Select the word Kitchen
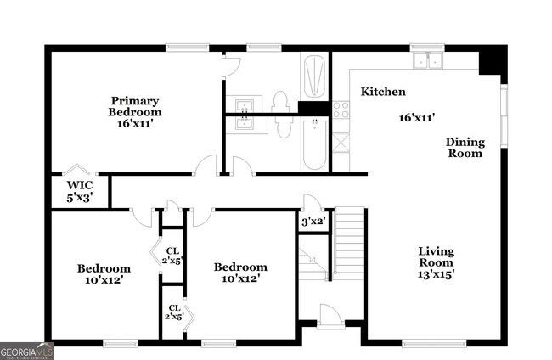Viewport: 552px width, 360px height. click(383, 92)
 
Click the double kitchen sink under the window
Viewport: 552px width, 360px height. click(427, 60)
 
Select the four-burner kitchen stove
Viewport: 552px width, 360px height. click(341, 110)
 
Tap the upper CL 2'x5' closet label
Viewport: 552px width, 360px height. click(172, 256)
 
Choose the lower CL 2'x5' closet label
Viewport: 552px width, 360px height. click(173, 312)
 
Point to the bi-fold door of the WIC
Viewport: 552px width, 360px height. click(77, 170)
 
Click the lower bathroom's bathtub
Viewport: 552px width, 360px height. click(314, 144)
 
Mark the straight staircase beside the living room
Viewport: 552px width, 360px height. click(348, 241)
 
